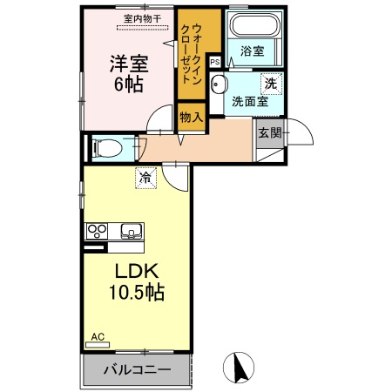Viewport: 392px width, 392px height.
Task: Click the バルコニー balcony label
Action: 137,369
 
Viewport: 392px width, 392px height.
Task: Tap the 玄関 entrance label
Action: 269,133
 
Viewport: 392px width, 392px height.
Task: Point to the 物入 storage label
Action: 191,117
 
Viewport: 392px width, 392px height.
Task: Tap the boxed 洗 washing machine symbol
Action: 270,84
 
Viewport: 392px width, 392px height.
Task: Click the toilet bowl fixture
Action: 106,148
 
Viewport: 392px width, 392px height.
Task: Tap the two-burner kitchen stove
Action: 97,232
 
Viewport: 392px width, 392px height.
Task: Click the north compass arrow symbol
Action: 239,368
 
